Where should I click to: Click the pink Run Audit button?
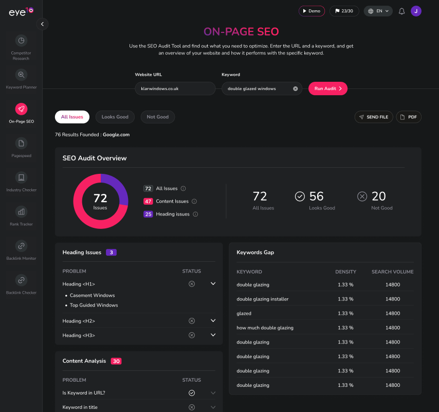[328, 88]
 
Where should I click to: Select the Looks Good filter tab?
[115, 117]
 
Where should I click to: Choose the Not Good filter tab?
[157, 117]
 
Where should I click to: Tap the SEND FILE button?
[373, 117]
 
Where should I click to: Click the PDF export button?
[409, 117]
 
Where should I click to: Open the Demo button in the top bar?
[312, 11]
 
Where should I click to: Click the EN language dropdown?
[378, 11]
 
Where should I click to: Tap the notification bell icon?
[402, 11]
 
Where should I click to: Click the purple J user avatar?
[416, 11]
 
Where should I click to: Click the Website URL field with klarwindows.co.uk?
[175, 88]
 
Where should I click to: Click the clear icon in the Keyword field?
[296, 88]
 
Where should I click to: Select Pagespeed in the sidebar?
[21, 144]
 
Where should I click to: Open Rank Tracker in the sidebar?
[21, 212]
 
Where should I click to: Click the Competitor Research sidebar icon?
[21, 41]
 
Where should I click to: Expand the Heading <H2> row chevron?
[213, 321]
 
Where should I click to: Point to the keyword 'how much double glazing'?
[265, 328]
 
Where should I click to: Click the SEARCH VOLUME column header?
[392, 272]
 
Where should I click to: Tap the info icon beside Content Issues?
[194, 202]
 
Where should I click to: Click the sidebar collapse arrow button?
[42, 24]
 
